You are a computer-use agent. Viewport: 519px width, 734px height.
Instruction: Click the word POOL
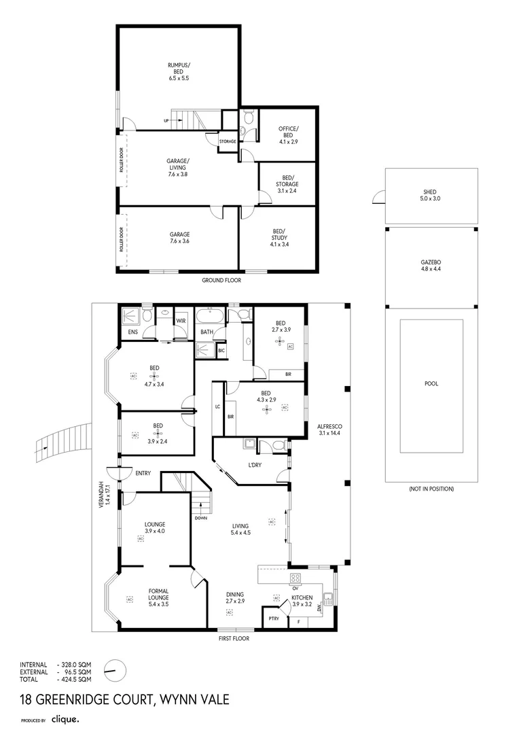click(x=431, y=383)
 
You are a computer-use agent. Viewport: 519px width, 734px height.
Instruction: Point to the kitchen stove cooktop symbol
click(x=296, y=578)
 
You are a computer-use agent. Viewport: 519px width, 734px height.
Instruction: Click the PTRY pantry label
click(x=274, y=618)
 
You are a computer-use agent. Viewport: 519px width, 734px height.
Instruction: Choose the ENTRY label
click(x=143, y=473)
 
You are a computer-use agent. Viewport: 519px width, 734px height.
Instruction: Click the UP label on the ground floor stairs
click(x=166, y=121)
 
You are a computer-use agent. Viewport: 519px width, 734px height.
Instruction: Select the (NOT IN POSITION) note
click(x=431, y=489)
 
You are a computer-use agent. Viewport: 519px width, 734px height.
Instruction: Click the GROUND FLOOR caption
click(x=221, y=279)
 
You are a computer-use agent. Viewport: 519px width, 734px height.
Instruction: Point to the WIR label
click(x=181, y=320)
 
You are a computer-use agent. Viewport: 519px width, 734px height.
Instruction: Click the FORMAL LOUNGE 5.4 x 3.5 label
click(x=158, y=595)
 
